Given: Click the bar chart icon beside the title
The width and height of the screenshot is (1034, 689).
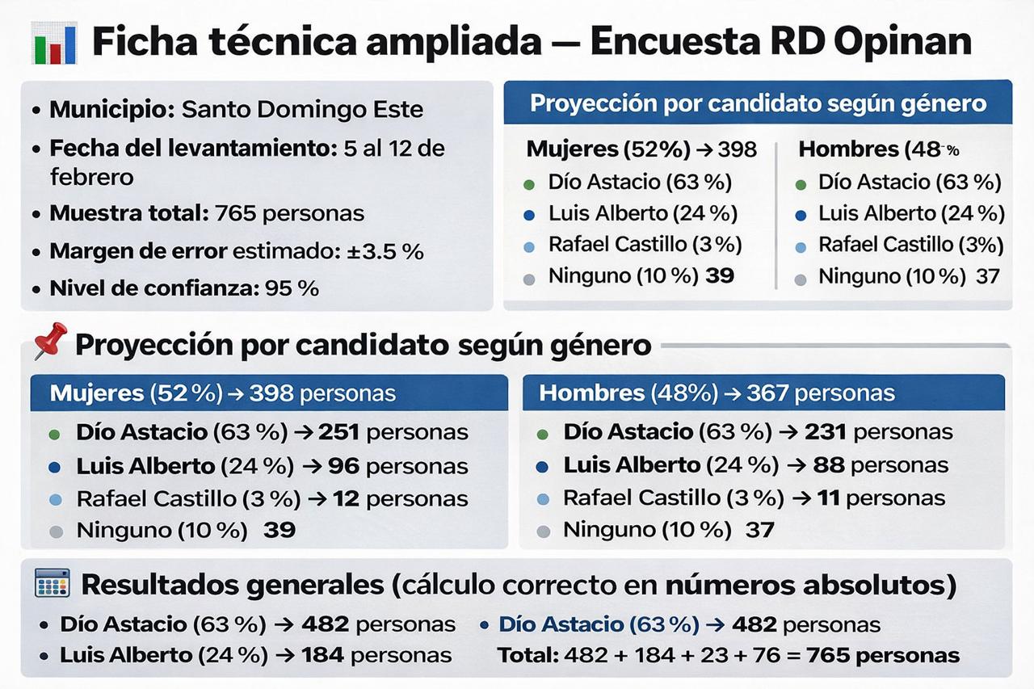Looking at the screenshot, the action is [x=54, y=43].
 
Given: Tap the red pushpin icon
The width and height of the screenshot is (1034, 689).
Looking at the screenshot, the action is [x=50, y=340].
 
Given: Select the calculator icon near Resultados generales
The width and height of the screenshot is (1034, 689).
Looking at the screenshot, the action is [x=53, y=583].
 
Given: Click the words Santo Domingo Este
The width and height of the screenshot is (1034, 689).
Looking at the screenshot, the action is [x=302, y=110].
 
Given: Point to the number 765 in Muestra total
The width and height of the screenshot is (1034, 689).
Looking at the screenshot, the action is [x=235, y=213].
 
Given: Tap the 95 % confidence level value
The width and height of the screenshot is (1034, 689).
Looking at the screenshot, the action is [x=292, y=288].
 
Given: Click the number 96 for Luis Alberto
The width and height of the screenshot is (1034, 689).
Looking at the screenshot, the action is [x=344, y=466].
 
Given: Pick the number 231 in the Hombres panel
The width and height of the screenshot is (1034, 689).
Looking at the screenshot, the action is [x=826, y=432].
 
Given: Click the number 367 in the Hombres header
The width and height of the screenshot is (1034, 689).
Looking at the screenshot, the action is [x=767, y=393].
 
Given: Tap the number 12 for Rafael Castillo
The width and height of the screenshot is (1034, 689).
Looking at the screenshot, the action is [x=347, y=499].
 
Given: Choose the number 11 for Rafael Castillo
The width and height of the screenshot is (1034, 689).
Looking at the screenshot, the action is [x=828, y=498].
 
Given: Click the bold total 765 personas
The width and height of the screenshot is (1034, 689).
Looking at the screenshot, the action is [x=883, y=655].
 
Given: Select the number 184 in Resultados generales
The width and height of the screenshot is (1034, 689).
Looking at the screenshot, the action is [x=322, y=655].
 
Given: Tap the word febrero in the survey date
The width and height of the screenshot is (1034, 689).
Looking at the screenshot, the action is [x=92, y=177].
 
